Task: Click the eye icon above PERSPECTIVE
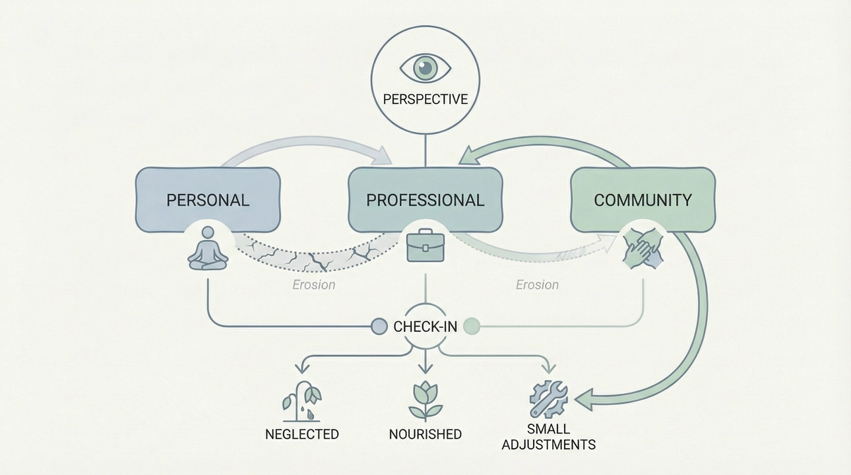425,67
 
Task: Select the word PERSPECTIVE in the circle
425,100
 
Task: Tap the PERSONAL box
208,200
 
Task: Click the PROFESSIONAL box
425,200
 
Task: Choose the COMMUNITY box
643,200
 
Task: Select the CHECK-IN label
425,327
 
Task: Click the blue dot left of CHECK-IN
379,326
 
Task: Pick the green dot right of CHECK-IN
472,326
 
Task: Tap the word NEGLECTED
301,434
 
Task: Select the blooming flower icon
425,400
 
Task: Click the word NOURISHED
425,434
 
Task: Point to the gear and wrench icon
548,398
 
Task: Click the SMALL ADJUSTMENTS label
548,437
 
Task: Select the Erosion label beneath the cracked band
314,285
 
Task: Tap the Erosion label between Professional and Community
537,285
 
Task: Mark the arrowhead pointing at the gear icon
584,398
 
